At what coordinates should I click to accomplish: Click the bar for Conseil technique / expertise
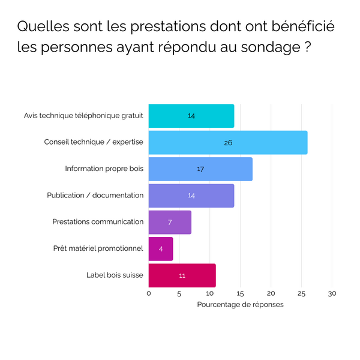coord(228,143)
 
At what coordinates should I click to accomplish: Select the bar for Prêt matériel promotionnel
coord(161,248)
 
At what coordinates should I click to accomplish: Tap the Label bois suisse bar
coord(182,275)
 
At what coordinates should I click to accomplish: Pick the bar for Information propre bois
coord(200,169)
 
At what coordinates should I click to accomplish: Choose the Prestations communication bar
coord(170,222)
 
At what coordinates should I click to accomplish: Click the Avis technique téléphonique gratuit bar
coord(191,116)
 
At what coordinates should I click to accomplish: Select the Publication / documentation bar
coord(191,196)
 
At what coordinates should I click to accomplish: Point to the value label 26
coord(228,143)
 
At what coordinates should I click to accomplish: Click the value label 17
coord(200,169)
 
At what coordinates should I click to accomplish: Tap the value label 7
coord(170,222)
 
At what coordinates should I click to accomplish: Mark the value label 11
coord(182,275)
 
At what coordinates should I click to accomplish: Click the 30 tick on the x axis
coord(332,294)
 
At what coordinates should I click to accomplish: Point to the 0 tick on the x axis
coord(149,294)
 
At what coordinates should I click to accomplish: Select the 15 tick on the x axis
coord(240,294)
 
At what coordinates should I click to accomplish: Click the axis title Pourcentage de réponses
coord(240,305)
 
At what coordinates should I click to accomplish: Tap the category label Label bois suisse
coord(115,275)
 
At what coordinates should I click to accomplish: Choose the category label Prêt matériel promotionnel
coord(99,248)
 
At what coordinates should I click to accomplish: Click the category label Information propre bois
coord(104,169)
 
